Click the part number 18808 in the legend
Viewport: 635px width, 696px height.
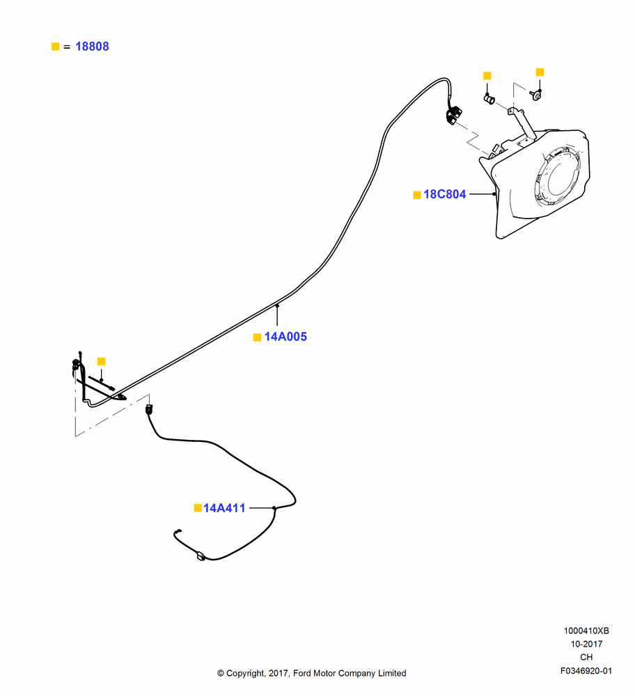coord(92,47)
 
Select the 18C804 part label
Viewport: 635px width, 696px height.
coord(444,194)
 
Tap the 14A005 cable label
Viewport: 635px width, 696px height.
coord(285,337)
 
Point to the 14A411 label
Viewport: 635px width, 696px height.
coord(224,508)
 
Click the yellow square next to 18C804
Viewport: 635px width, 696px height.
coord(417,195)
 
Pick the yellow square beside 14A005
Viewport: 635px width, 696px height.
coord(257,338)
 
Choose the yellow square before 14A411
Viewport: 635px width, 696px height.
coord(198,508)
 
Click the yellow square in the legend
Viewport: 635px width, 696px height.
coord(56,47)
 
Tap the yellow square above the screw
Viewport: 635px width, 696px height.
coord(540,72)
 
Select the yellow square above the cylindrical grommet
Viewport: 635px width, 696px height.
coord(487,75)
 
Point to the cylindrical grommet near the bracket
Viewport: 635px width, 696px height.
coord(489,100)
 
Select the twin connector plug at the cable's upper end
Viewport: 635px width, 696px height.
coord(454,115)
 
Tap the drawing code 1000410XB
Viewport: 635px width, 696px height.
coord(586,631)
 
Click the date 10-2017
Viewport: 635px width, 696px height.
coord(586,644)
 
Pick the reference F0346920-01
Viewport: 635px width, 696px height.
coord(586,671)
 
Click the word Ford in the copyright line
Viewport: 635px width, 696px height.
coord(302,673)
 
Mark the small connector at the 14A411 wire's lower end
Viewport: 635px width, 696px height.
coord(201,556)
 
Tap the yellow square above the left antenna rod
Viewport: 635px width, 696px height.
coord(101,361)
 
